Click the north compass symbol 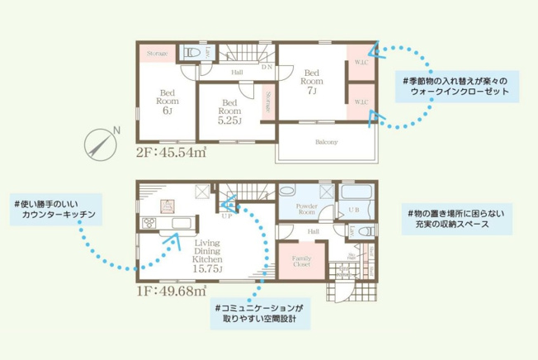[x=101, y=144]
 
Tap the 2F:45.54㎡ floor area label [x=170, y=154]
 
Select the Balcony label [x=326, y=142]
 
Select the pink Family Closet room [x=301, y=263]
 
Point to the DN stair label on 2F [x=266, y=68]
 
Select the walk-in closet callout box [x=456, y=87]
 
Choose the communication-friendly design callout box [x=259, y=314]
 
